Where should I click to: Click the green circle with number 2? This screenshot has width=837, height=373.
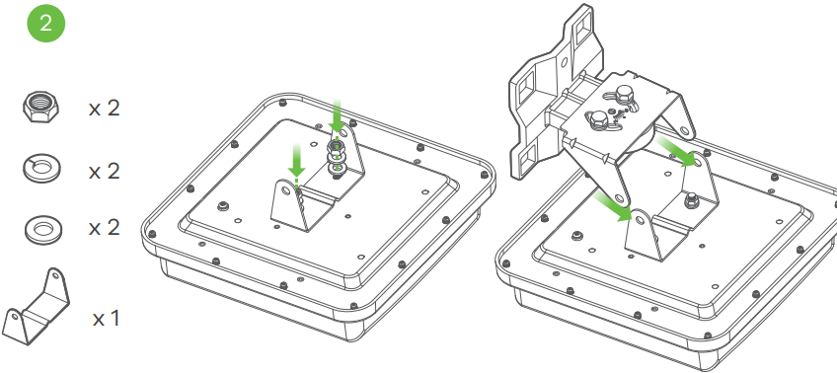[x=46, y=24]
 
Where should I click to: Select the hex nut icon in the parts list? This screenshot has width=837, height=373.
[x=41, y=107]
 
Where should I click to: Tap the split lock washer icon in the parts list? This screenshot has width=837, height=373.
[x=42, y=168]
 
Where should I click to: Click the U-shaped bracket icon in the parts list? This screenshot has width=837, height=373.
[x=38, y=307]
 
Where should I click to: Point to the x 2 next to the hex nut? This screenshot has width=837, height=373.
[x=104, y=109]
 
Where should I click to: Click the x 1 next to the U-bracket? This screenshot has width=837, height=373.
[x=106, y=319]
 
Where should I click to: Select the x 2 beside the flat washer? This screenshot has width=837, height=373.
[x=104, y=228]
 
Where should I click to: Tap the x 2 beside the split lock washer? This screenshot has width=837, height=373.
[x=104, y=172]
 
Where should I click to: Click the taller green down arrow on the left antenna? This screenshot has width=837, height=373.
[x=337, y=115]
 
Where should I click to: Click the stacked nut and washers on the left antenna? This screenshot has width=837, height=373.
[x=336, y=158]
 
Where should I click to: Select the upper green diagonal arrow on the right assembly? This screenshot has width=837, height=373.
[x=676, y=151]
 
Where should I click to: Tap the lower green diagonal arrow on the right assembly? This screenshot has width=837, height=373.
[x=612, y=206]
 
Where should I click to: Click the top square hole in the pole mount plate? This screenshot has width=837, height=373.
[x=583, y=24]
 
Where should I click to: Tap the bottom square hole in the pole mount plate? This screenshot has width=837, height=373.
[x=528, y=156]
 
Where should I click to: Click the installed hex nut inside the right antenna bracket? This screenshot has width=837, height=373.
[x=691, y=200]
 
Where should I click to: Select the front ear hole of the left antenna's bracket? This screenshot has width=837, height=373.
[x=285, y=189]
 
